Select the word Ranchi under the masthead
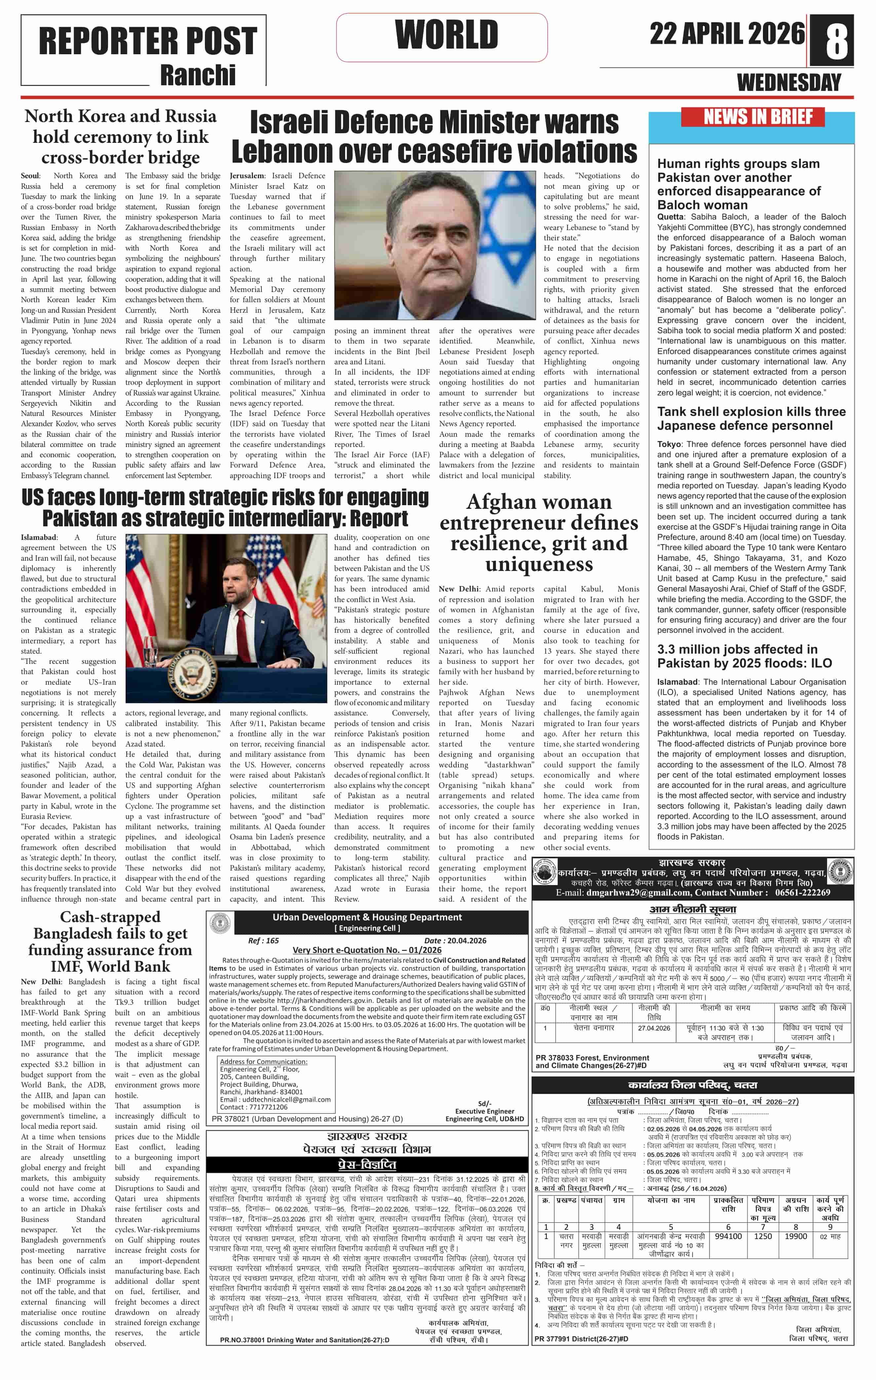coord(198,75)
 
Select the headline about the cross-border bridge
coord(120,137)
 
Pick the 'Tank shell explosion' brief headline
coord(751,418)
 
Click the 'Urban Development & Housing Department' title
coord(367,917)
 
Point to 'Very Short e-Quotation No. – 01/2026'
coord(367,950)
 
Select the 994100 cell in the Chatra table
coord(728,1236)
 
